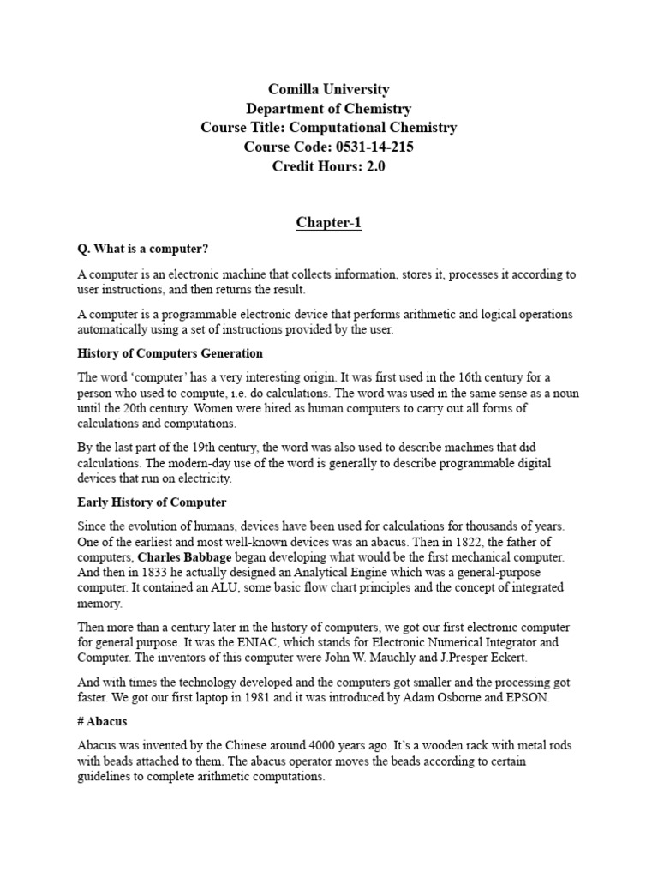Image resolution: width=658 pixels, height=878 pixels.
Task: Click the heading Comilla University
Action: (x=329, y=89)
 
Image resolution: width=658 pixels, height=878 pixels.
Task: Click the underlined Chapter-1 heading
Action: (x=329, y=223)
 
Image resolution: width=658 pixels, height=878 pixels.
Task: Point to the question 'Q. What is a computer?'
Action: (x=143, y=249)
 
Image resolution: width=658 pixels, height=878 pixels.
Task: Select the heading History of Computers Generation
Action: (x=170, y=353)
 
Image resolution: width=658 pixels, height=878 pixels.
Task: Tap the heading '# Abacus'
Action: (x=102, y=721)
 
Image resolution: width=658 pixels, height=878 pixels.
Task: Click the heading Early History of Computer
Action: (x=153, y=502)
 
